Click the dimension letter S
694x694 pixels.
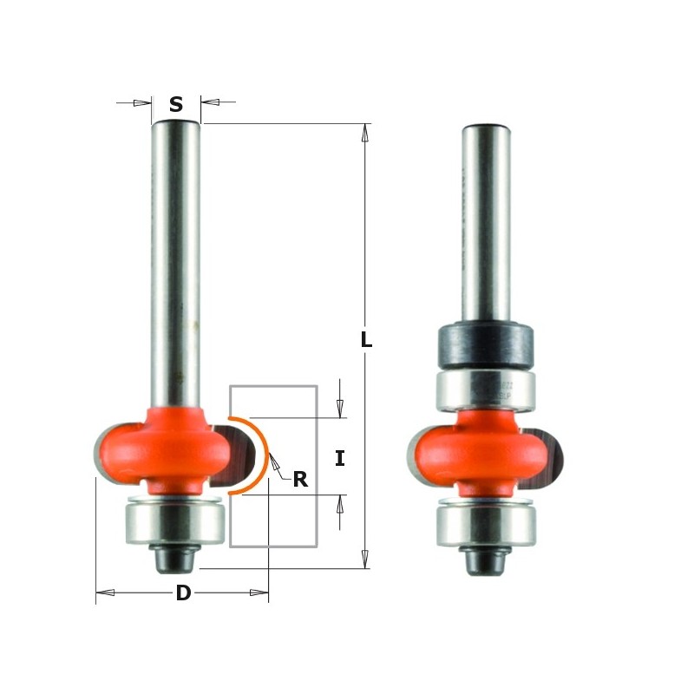pyautogui.click(x=176, y=105)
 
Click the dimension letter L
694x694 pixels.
pyautogui.click(x=366, y=341)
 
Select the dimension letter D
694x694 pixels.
pyautogui.click(x=183, y=593)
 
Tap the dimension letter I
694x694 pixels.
pyautogui.click(x=339, y=459)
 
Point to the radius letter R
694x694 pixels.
pyautogui.click(x=300, y=480)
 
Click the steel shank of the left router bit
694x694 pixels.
pyautogui.click(x=176, y=260)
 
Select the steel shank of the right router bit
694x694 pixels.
pyautogui.click(x=486, y=226)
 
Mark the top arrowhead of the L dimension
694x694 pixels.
pyautogui.click(x=365, y=132)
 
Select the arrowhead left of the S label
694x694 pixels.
pyautogui.click(x=142, y=103)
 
